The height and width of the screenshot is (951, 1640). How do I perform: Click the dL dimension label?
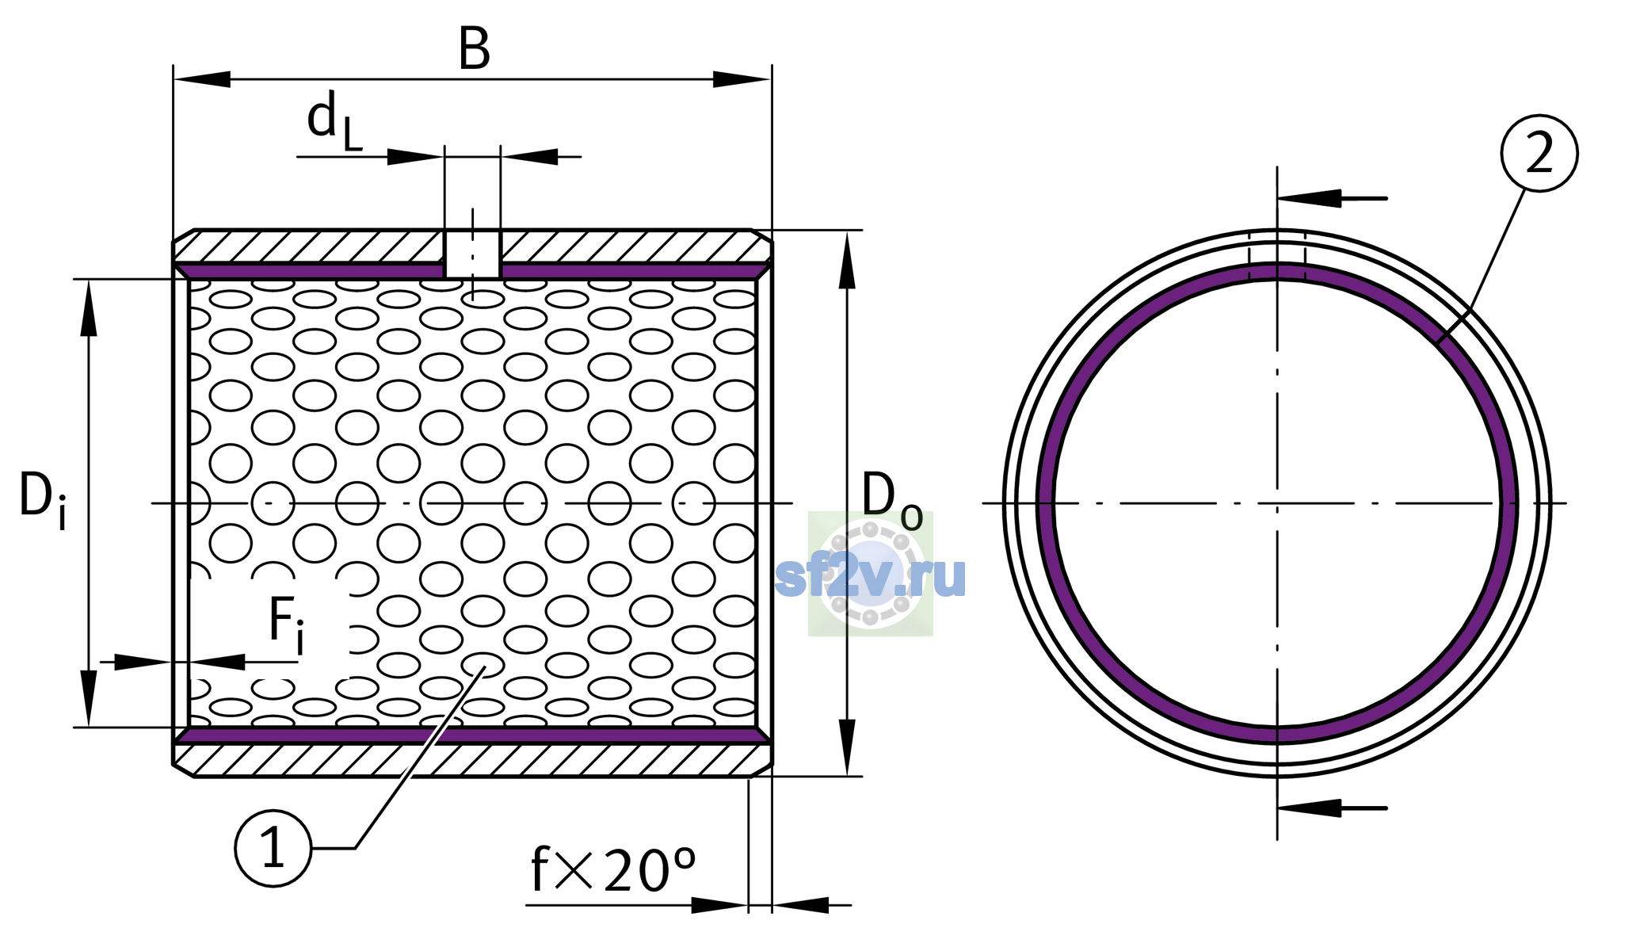(334, 121)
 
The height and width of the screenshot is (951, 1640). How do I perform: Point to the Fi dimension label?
(286, 624)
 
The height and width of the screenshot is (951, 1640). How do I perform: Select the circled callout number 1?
(273, 848)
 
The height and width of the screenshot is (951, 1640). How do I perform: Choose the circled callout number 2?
(1539, 153)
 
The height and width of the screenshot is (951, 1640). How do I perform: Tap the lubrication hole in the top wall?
(472, 255)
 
